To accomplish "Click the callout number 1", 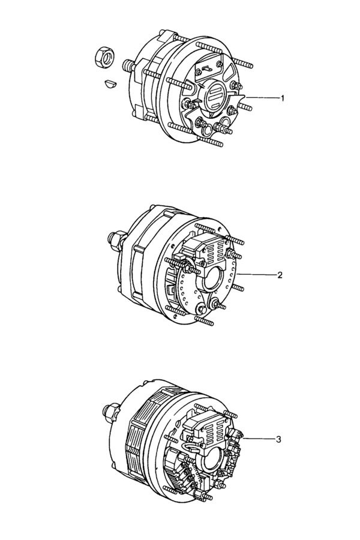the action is [283, 98].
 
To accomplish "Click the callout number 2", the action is [280, 275].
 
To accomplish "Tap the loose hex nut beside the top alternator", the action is [103, 55].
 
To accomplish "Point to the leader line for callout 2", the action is [257, 275].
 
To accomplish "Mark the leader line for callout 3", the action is [259, 439].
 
